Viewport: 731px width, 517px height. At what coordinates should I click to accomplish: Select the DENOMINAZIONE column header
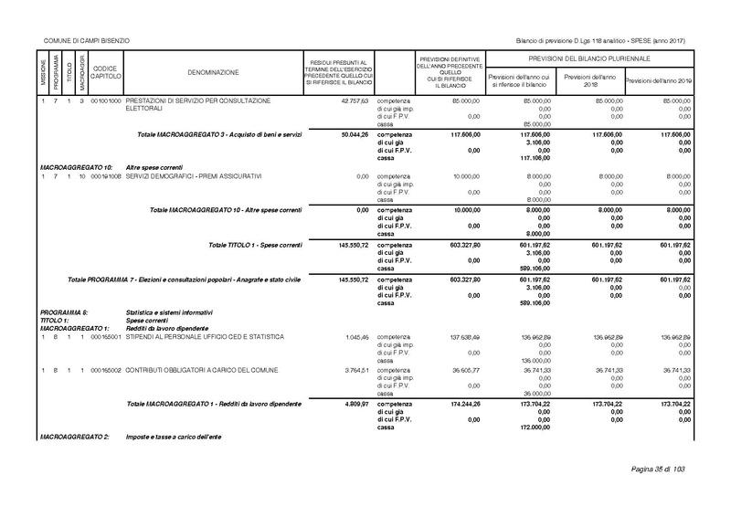click(213, 71)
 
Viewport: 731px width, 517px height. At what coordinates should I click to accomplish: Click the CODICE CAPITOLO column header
click(105, 71)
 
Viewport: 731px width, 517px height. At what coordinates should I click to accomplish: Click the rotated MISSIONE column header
click(43, 71)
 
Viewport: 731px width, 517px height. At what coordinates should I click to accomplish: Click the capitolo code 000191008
click(105, 175)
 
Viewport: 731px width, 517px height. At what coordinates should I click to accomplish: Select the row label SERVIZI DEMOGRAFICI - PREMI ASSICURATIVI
click(194, 175)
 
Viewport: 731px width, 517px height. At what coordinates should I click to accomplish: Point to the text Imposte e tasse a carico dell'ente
click(174, 439)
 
